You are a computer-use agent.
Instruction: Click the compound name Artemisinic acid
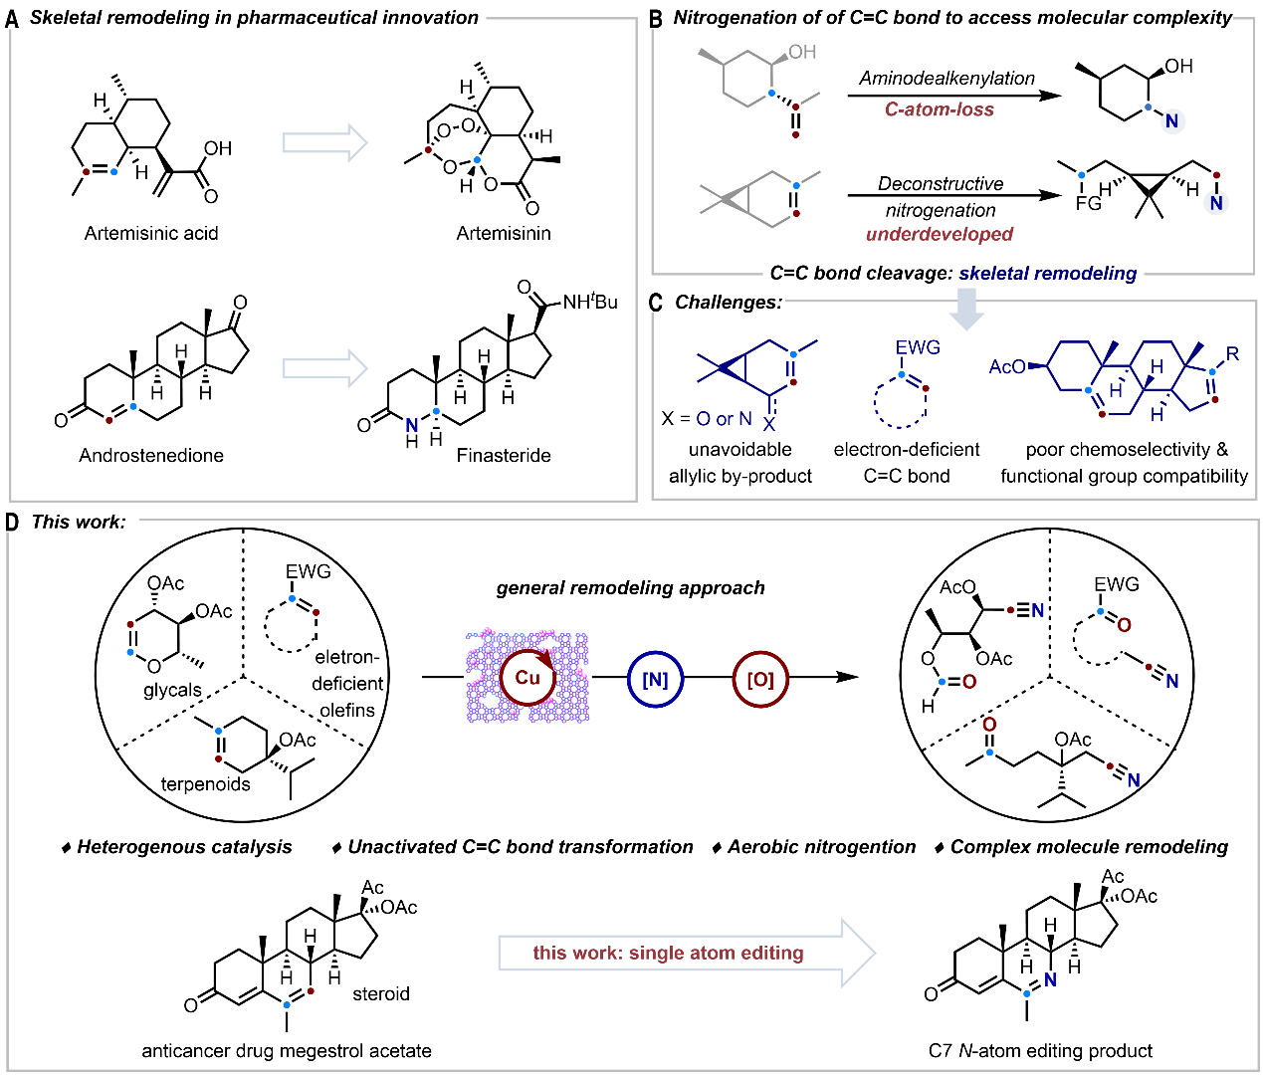tap(151, 233)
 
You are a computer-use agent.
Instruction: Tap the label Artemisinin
tap(503, 233)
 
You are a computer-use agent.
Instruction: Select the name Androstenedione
tap(151, 455)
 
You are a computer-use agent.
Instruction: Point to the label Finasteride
tap(504, 455)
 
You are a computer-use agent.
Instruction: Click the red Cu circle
tap(527, 678)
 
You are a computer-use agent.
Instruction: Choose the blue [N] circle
tap(655, 679)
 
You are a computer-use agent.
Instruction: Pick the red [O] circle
tap(760, 679)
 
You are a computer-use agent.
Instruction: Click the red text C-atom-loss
tap(940, 109)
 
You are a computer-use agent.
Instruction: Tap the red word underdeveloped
tap(940, 234)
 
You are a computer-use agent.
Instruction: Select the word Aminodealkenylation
tap(947, 78)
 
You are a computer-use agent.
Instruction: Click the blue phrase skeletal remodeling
tap(1048, 273)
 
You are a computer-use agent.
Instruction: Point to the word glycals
tap(172, 690)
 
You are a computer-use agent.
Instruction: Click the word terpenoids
tap(206, 783)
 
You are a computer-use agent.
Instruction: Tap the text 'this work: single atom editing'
tap(668, 953)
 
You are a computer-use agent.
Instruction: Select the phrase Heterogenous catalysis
tap(184, 847)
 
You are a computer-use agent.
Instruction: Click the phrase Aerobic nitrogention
tap(821, 847)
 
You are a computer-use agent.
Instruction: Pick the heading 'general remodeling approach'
tap(631, 587)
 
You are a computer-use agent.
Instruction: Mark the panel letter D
tap(13, 522)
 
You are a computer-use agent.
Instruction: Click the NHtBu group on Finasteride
tap(589, 301)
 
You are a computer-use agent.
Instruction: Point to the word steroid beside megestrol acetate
tap(381, 993)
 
